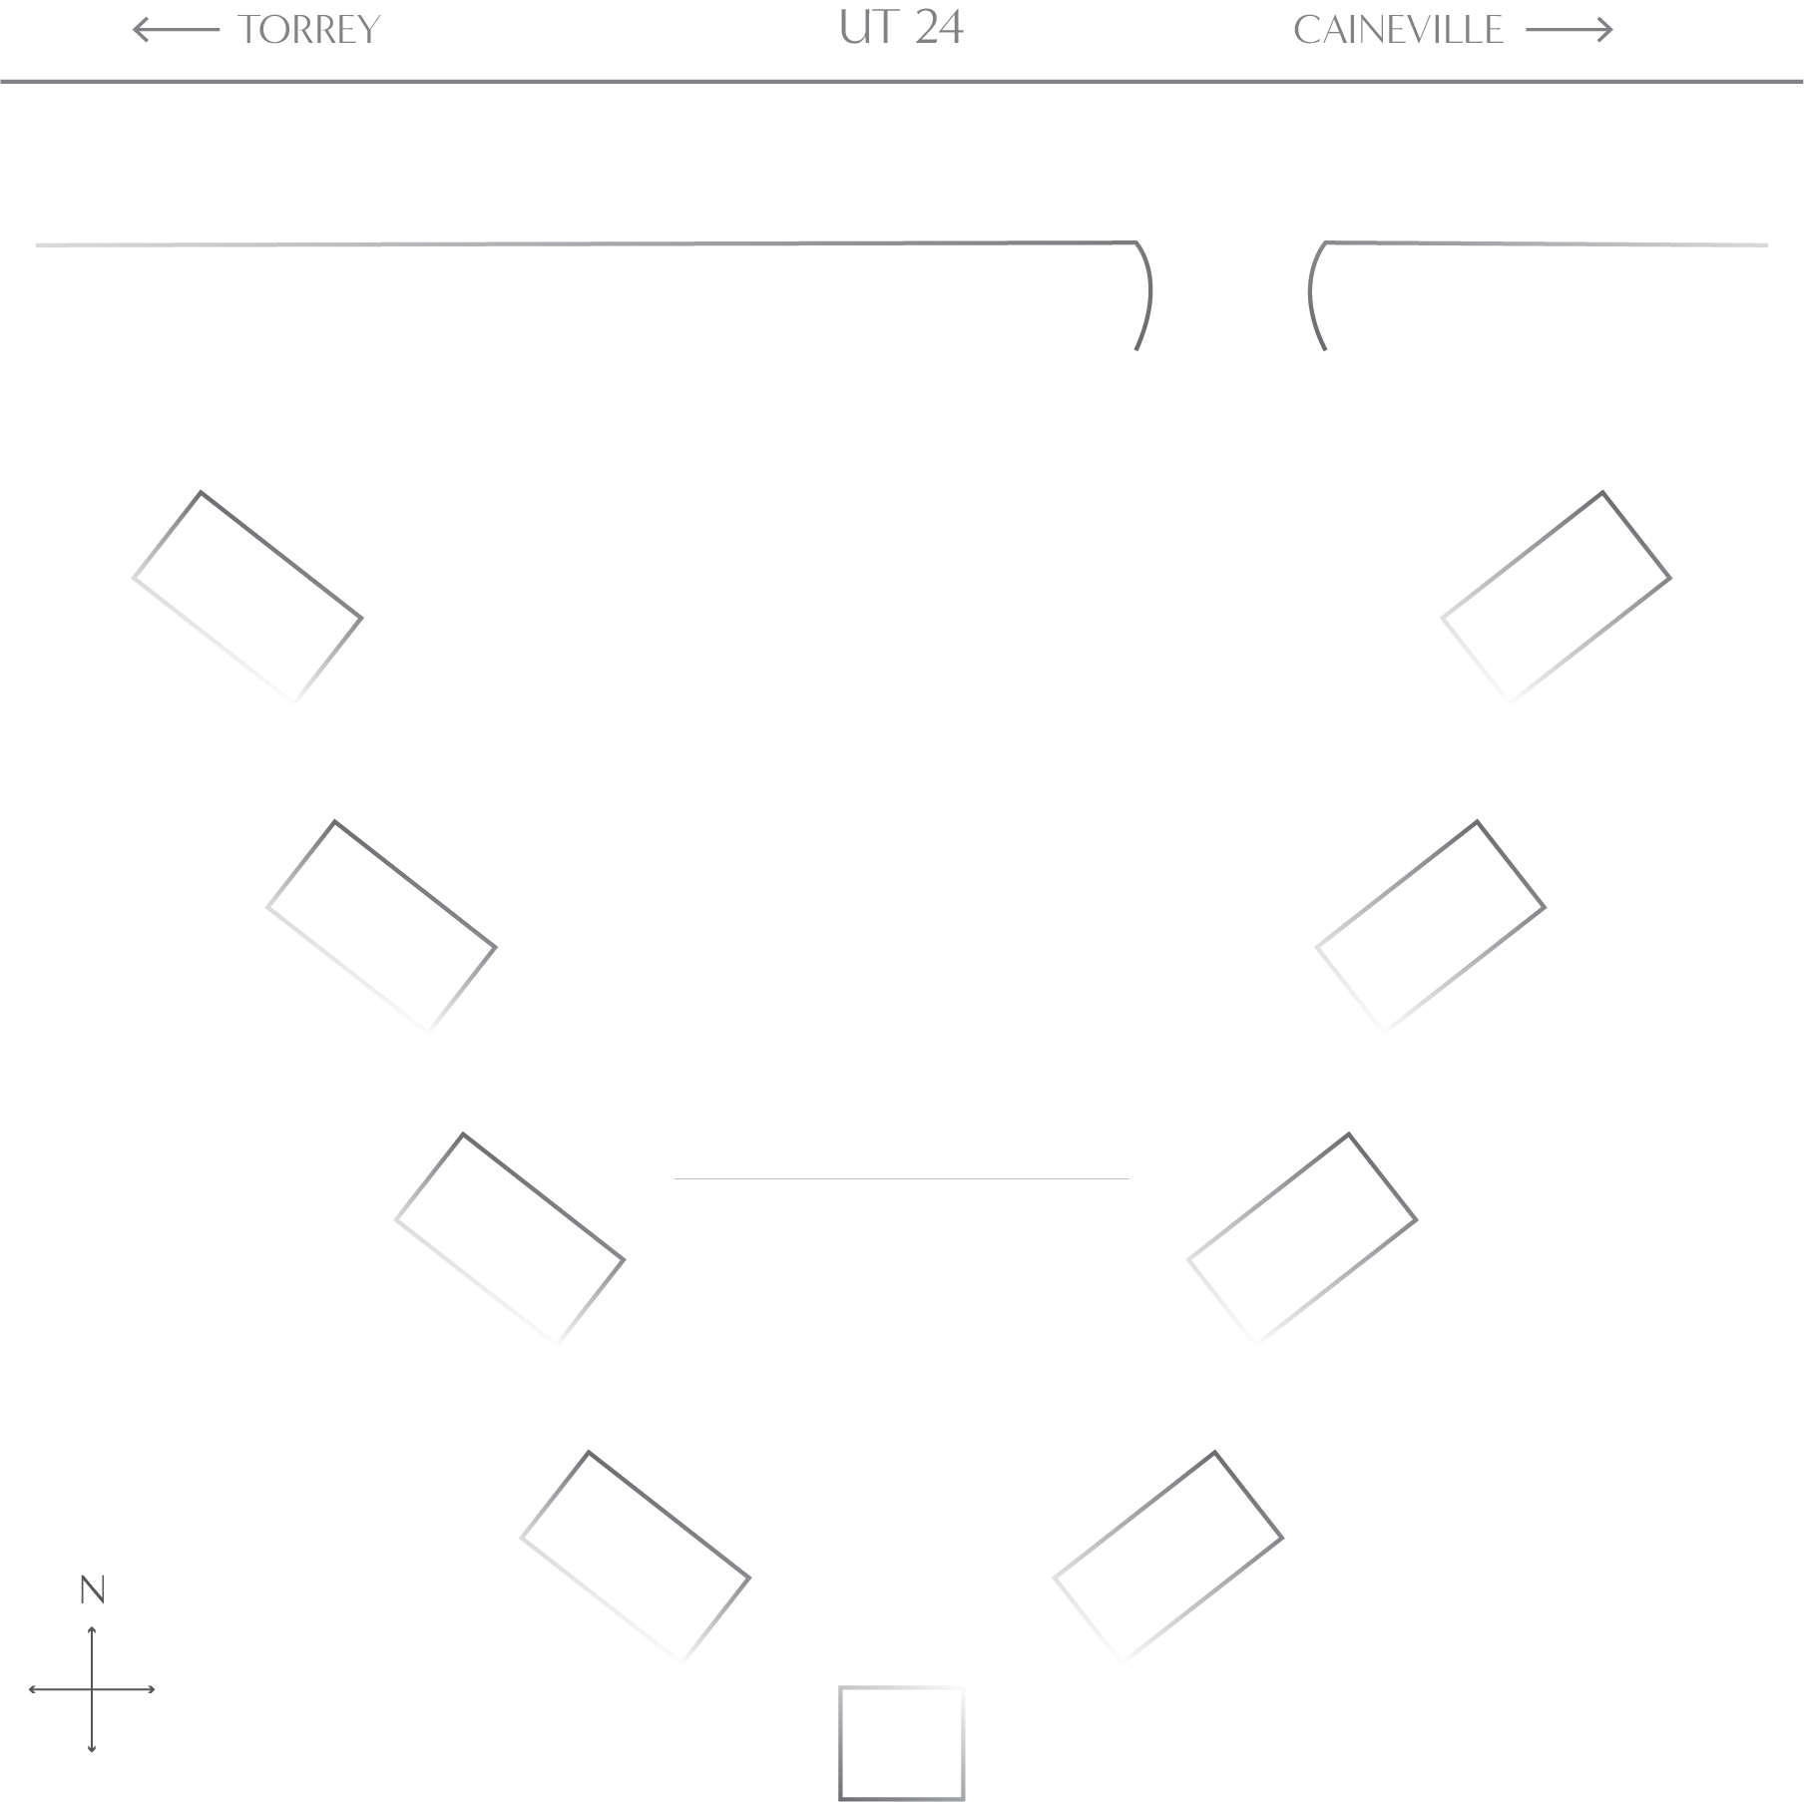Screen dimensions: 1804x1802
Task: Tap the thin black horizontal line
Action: click(x=975, y=1179)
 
